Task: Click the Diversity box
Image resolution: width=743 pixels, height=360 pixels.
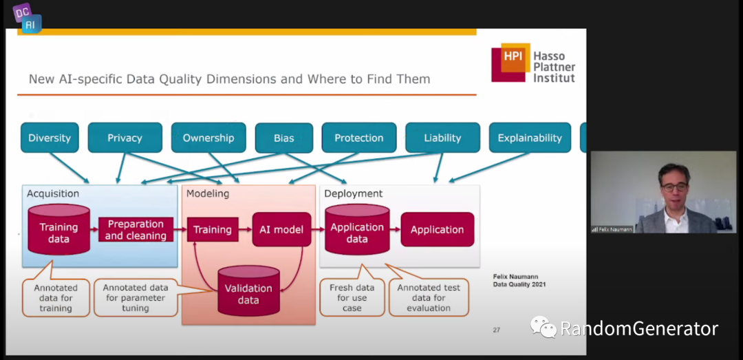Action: pyautogui.click(x=50, y=138)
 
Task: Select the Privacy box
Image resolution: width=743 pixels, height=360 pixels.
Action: pyautogui.click(x=125, y=138)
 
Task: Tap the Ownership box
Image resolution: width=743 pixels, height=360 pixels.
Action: pyautogui.click(x=208, y=138)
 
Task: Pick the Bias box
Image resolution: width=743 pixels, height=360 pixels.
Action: pyautogui.click(x=283, y=138)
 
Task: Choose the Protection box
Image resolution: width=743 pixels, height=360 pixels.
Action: pyautogui.click(x=358, y=138)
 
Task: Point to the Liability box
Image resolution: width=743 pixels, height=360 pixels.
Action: pyautogui.click(x=442, y=138)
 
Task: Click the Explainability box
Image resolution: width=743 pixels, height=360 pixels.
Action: pyautogui.click(x=530, y=138)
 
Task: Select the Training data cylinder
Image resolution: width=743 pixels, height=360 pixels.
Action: pyautogui.click(x=58, y=231)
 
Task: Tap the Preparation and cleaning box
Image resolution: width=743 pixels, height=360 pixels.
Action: pyautogui.click(x=136, y=230)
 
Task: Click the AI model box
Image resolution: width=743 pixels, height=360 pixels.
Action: pyautogui.click(x=282, y=230)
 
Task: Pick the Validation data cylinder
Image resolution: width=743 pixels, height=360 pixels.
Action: pyautogui.click(x=248, y=292)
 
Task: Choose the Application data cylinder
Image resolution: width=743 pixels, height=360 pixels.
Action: pyautogui.click(x=357, y=231)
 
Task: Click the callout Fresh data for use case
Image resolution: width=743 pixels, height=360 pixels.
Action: pyautogui.click(x=352, y=297)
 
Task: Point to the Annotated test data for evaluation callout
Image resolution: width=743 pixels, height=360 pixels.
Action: pyautogui.click(x=429, y=297)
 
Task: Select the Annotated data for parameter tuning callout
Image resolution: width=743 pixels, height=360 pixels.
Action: pyautogui.click(x=135, y=297)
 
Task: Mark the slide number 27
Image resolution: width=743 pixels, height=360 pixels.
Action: pyautogui.click(x=496, y=330)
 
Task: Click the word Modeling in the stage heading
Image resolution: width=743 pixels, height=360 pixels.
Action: pyautogui.click(x=208, y=194)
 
